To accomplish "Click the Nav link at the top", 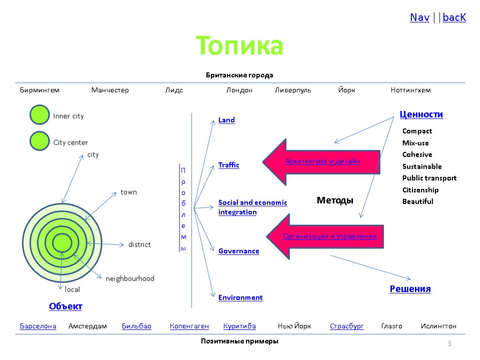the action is (420, 18).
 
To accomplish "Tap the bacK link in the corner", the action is (454, 18).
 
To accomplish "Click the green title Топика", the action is (240, 46).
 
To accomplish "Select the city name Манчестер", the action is (110, 90).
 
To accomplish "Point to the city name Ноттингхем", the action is (411, 90).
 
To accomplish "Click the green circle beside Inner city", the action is (39, 115).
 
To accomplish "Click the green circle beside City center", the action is (39, 141).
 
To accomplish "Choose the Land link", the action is (226, 120).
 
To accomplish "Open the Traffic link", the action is (229, 165).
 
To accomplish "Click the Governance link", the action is (239, 251).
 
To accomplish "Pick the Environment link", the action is (240, 297).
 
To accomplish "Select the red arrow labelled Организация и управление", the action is (328, 236).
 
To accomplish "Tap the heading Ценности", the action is (421, 114).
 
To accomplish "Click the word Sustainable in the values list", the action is (422, 166).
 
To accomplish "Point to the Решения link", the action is (410, 289).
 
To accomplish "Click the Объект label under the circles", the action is (66, 307).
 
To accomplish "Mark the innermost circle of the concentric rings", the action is (62, 243).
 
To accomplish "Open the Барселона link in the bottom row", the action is (38, 326).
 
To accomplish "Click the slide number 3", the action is (449, 345).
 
